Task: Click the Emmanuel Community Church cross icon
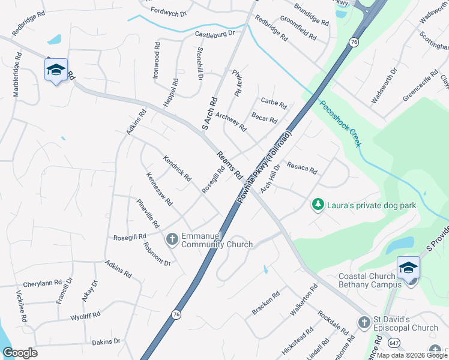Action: [x=172, y=239]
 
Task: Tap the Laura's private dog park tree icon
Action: [x=318, y=205]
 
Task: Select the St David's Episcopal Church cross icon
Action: [x=364, y=323]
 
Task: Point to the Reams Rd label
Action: [x=229, y=165]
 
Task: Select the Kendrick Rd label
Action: [x=176, y=169]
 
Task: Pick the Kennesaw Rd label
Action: [x=159, y=189]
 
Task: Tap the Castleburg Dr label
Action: [x=214, y=35]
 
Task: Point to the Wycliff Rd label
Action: [x=85, y=314]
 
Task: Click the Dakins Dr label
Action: [x=106, y=341]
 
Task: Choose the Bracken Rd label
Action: [x=266, y=302]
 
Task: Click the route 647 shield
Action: [x=394, y=343]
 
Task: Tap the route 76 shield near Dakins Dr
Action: [x=176, y=314]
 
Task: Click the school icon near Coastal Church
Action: [x=408, y=267]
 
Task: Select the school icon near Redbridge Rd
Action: [x=56, y=70]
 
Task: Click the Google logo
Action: [x=20, y=353]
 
